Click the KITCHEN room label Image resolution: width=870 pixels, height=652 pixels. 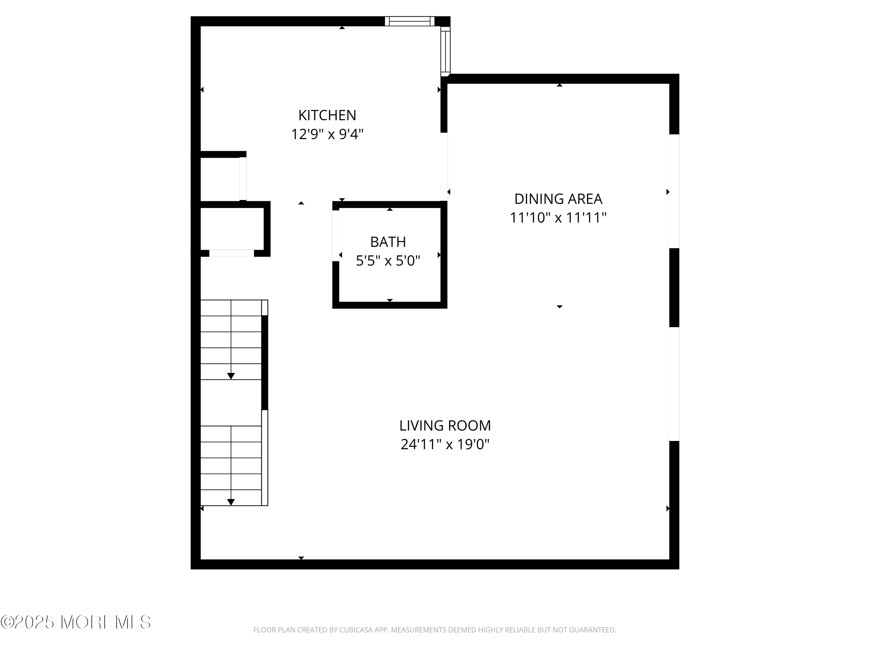327,115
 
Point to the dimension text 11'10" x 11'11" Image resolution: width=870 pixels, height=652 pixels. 558,217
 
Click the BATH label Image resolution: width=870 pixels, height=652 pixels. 388,242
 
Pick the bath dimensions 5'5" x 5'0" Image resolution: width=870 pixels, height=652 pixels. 388,261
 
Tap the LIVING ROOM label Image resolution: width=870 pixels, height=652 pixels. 445,426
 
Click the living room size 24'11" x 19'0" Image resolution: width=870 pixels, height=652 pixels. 445,445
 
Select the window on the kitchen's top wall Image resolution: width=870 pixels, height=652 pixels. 409,21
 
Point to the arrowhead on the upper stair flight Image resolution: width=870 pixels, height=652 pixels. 231,376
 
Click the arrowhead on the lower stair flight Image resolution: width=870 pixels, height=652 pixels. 231,502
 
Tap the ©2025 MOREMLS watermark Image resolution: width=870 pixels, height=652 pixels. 75,622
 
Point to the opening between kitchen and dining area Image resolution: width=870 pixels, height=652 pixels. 444,167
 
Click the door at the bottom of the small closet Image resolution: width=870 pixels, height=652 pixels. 231,254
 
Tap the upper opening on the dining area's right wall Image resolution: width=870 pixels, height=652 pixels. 674,191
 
